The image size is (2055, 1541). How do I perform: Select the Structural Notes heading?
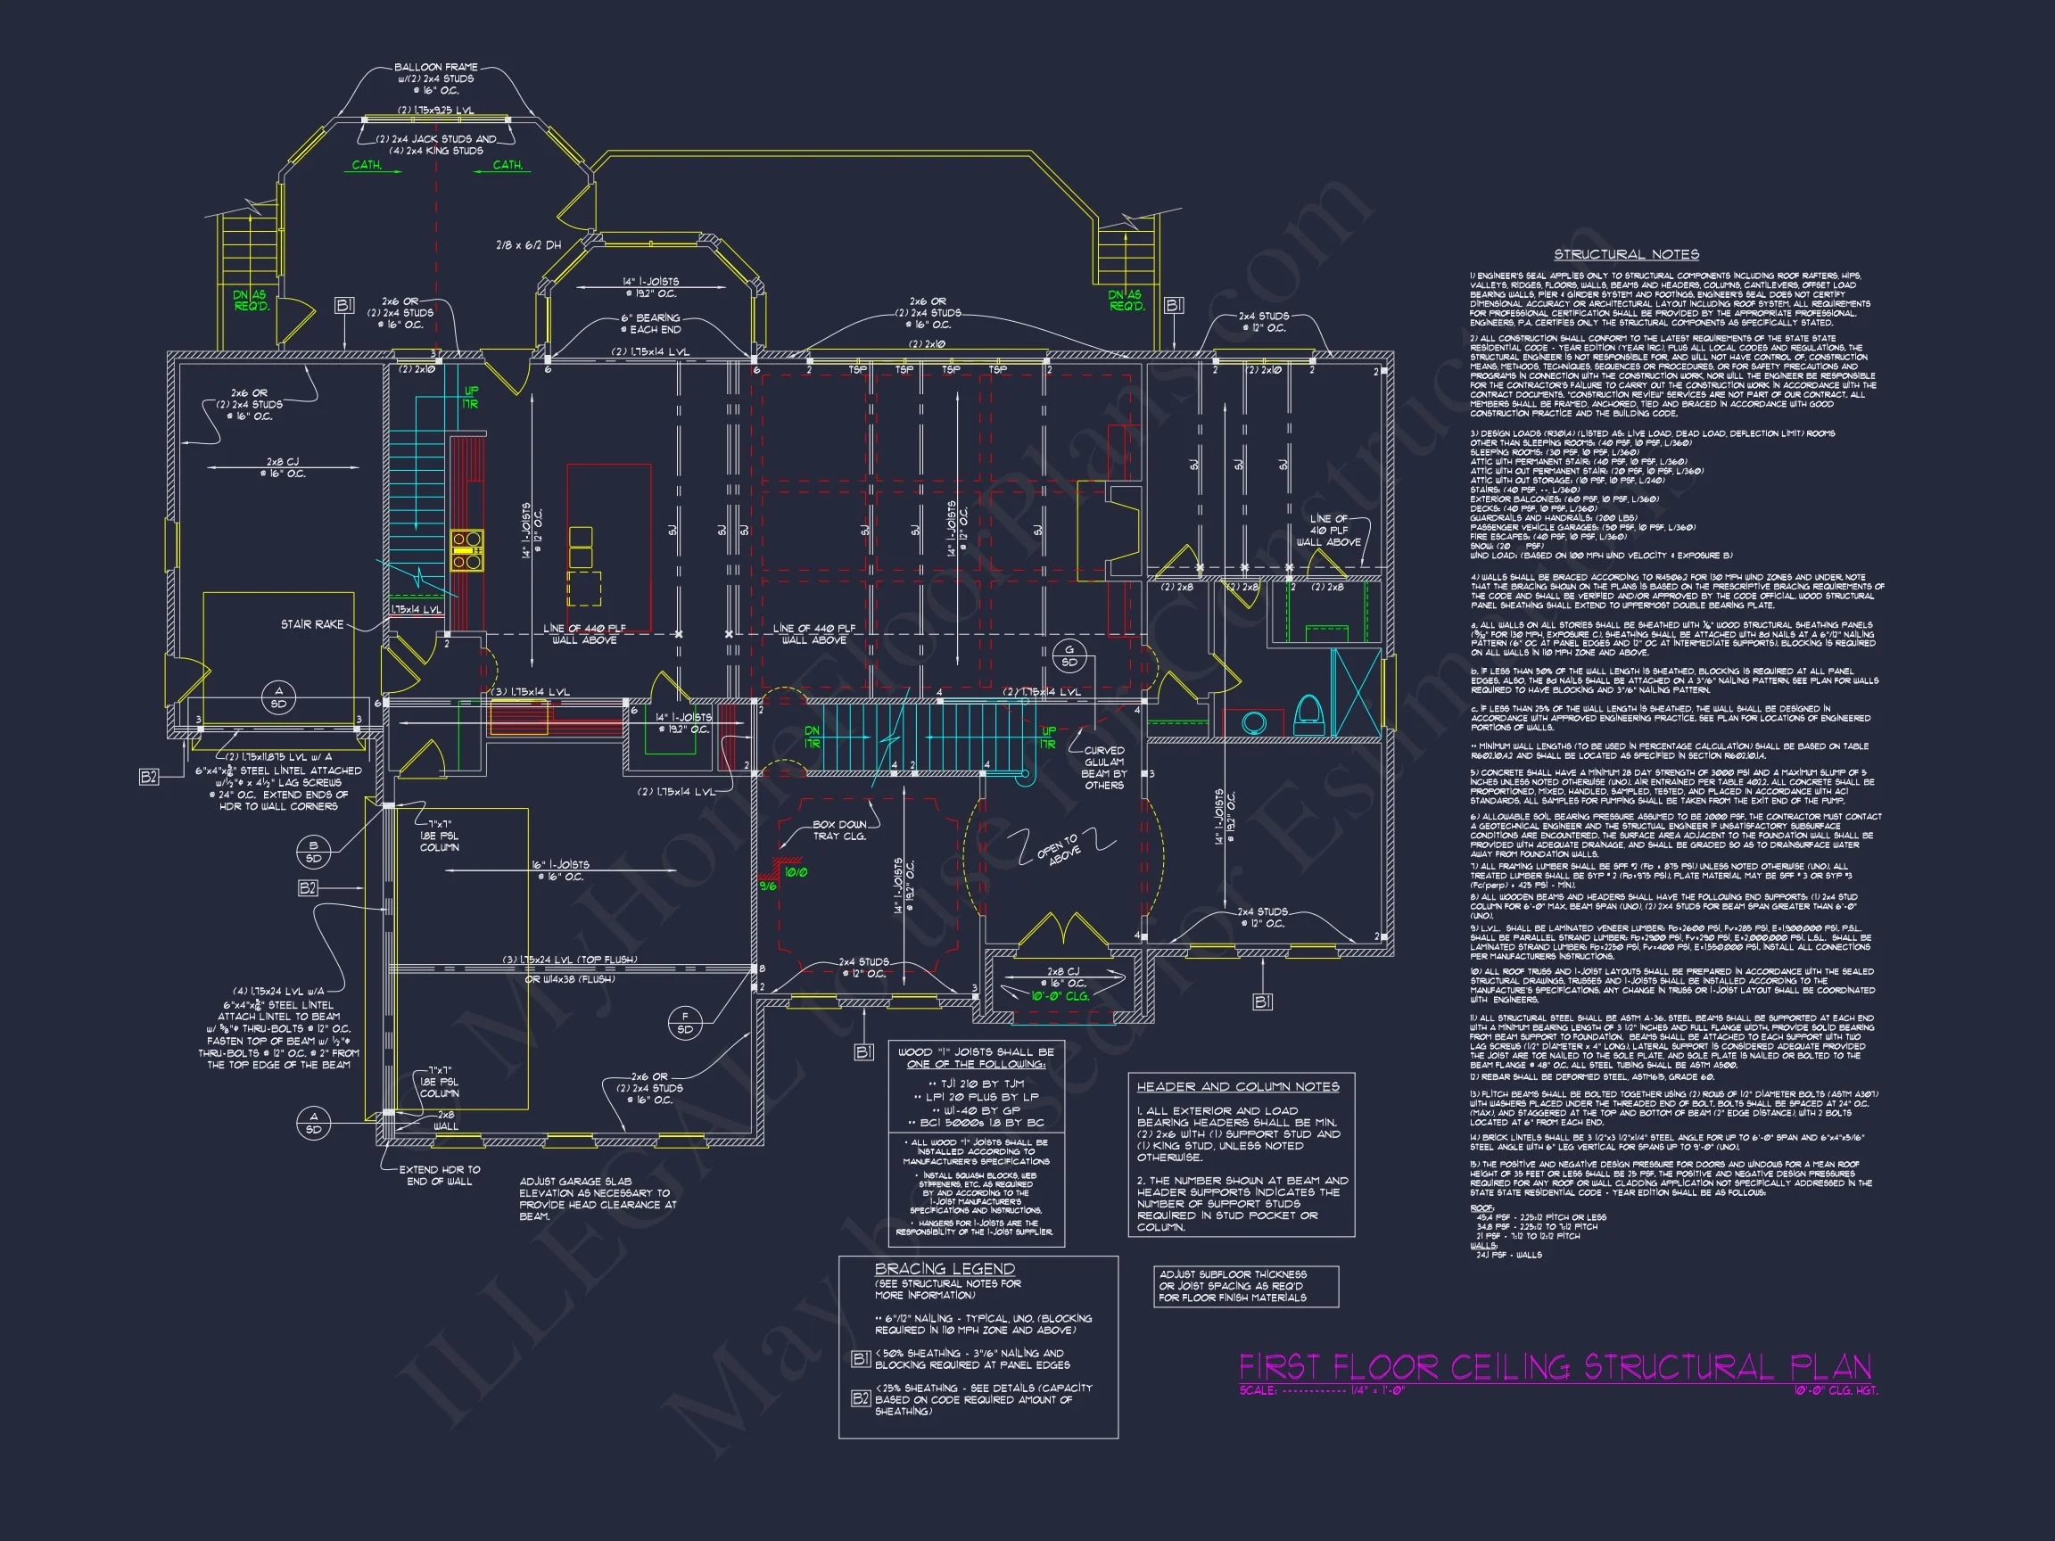coord(1626,254)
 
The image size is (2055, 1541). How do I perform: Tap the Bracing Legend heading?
coord(944,1269)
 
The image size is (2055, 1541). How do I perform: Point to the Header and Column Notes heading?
coord(1237,1087)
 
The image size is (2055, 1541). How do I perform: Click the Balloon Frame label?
coord(436,68)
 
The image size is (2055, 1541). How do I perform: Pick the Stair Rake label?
coord(312,624)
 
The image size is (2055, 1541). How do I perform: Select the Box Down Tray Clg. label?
coord(839,830)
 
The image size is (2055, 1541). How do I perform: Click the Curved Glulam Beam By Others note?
coord(1103,767)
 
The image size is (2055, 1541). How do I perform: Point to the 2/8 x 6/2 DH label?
coord(528,246)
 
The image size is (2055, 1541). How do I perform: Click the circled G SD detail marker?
coord(1069,655)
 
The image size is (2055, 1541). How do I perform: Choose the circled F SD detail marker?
coord(685,1023)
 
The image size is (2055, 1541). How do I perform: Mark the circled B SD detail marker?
coord(313,852)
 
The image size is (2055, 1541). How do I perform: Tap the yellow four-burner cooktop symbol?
coord(466,549)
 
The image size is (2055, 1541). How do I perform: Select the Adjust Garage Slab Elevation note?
coord(598,1199)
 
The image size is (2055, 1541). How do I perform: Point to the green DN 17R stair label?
coord(812,738)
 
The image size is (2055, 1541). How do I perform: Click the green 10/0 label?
coord(796,872)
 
